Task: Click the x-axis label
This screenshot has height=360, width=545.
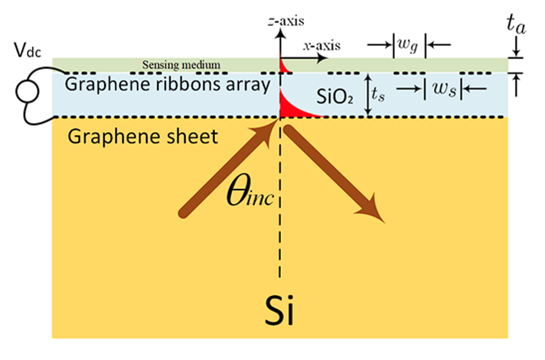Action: (x=321, y=46)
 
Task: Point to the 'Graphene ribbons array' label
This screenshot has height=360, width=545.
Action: (x=169, y=84)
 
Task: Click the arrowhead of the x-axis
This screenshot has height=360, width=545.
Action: (x=321, y=58)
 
